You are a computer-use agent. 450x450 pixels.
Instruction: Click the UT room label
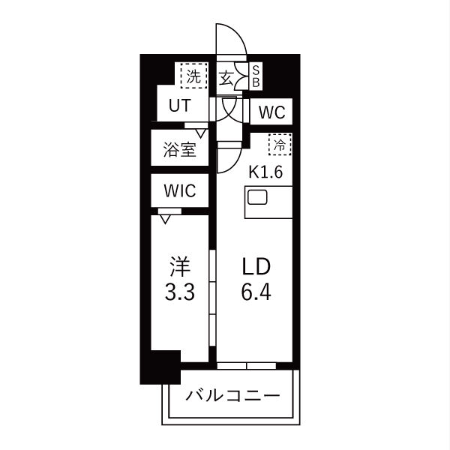point(178,106)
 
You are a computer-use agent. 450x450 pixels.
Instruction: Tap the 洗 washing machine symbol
point(193,76)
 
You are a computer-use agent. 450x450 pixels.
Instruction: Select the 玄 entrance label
point(226,77)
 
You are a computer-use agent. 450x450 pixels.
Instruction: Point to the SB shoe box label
point(255,76)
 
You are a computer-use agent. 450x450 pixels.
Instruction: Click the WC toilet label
point(271,113)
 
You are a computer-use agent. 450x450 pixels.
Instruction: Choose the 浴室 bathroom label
point(179,149)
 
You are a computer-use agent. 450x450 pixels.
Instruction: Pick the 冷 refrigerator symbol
point(280,144)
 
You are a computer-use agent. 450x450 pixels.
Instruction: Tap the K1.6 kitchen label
point(265,171)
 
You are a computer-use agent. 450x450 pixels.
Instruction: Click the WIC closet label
point(179,191)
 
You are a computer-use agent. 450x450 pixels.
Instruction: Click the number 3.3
point(179,291)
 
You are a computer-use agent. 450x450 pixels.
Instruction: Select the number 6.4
point(255,291)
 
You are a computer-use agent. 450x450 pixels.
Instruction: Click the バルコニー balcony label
point(232,395)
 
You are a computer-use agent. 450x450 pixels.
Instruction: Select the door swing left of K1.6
point(227,159)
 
